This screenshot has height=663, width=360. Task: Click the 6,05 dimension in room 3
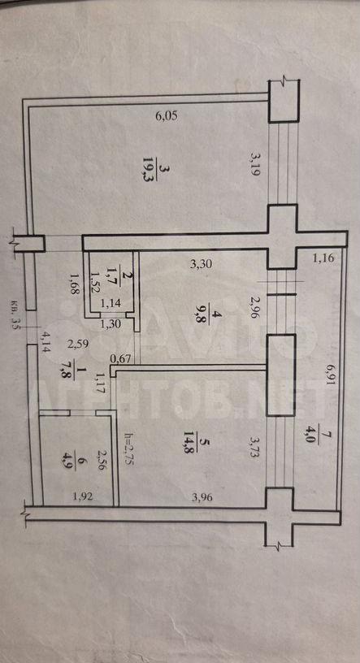[167, 116]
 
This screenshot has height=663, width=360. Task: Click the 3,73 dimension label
[253, 449]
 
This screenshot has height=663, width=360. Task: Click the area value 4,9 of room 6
[76, 460]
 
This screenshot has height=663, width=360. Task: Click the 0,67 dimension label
[119, 358]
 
